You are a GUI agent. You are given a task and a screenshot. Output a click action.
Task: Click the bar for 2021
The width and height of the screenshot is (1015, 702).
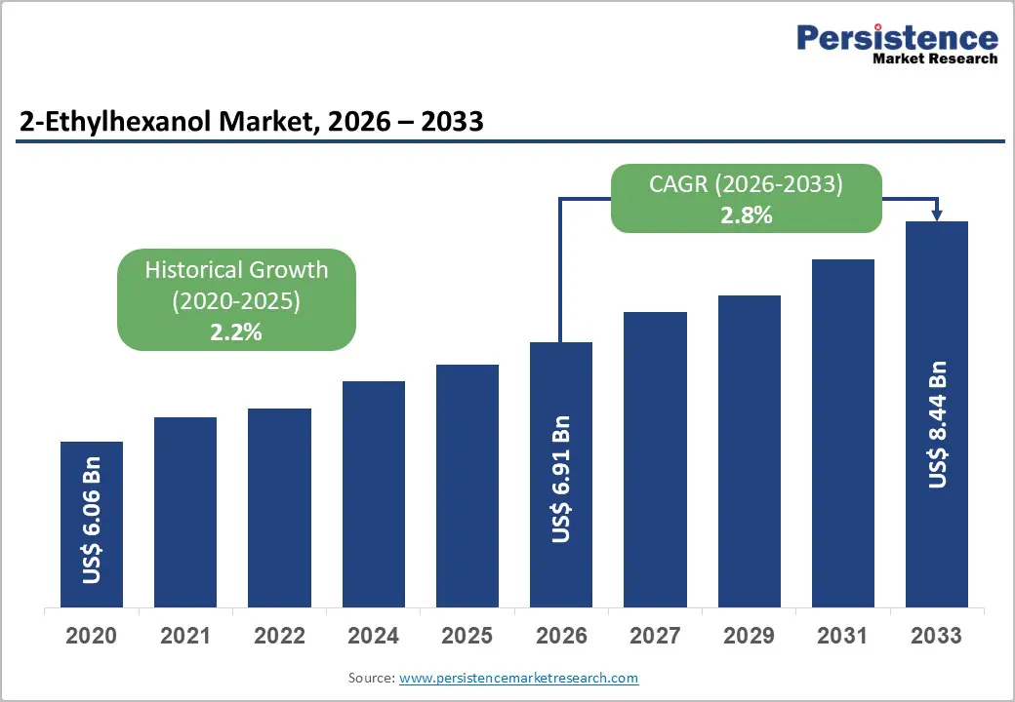tap(185, 513)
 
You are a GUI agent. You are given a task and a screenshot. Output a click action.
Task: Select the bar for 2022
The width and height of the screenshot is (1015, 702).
tap(279, 508)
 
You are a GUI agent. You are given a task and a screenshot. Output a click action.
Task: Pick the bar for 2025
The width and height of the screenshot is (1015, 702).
tap(467, 487)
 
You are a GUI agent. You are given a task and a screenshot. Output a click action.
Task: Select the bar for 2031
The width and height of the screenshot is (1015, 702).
tap(842, 434)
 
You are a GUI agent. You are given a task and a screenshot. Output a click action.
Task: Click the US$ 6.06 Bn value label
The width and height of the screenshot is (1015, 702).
tap(92, 521)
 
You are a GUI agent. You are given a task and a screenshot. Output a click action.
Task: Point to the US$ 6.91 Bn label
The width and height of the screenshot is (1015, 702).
tap(561, 479)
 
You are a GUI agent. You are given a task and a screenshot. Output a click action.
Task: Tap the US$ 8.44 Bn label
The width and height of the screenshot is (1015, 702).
tap(937, 424)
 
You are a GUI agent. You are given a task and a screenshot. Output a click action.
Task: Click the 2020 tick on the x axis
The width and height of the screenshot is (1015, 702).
tap(92, 636)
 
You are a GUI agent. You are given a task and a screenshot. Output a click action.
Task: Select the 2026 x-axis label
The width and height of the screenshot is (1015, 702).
tap(561, 636)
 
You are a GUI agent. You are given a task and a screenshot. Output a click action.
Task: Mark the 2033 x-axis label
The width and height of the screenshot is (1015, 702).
tap(937, 636)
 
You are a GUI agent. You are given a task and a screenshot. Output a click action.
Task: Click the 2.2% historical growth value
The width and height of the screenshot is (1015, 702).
tap(236, 331)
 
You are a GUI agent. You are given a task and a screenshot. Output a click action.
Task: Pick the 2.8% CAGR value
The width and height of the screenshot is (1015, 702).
tap(747, 215)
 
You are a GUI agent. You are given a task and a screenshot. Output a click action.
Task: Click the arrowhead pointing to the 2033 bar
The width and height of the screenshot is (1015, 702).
tap(937, 214)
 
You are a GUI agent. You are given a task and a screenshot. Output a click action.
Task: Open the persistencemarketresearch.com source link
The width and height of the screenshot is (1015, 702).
tap(518, 677)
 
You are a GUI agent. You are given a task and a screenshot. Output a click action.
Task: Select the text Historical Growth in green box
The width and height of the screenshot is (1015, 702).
tap(236, 270)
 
